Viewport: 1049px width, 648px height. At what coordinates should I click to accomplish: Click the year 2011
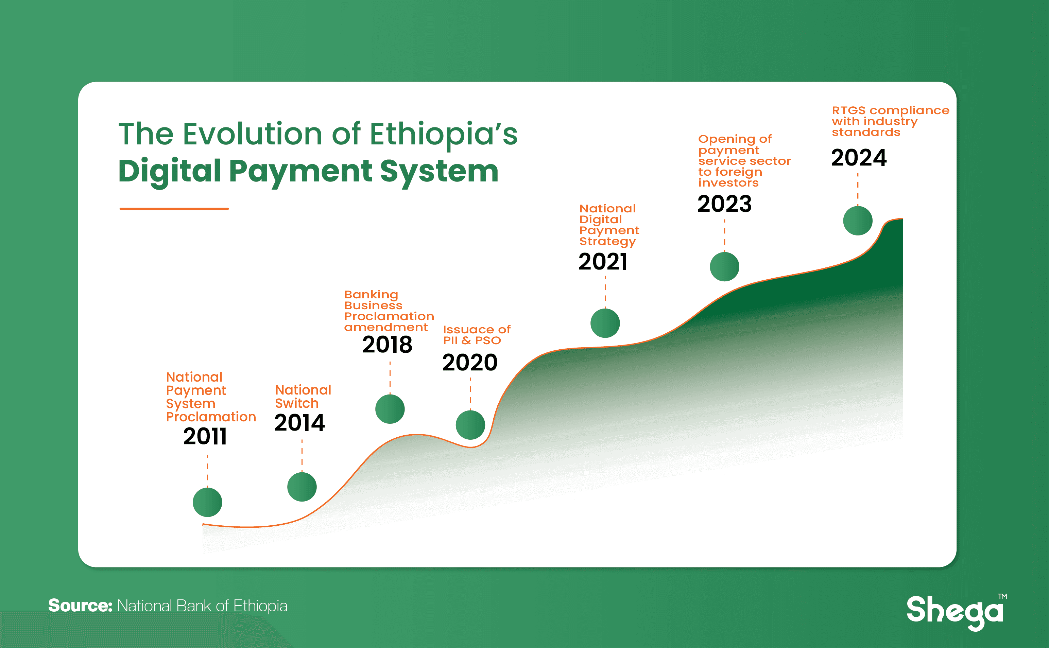[205, 437]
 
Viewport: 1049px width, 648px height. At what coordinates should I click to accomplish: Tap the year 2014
[300, 423]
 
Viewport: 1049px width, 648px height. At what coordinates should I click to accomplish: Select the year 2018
[387, 345]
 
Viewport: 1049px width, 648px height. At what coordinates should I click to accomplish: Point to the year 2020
[470, 363]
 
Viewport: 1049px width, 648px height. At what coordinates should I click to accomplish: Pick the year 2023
[724, 204]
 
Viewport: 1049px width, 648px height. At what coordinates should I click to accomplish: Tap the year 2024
[859, 158]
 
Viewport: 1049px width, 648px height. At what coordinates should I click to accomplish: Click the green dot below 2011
[207, 502]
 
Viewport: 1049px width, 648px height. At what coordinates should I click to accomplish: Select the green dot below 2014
[302, 487]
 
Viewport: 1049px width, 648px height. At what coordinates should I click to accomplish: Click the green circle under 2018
[390, 409]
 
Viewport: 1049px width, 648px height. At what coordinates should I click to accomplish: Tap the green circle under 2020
[470, 425]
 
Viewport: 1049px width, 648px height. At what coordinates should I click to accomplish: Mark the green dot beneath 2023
[724, 266]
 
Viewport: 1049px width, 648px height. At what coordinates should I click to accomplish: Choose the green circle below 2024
[858, 221]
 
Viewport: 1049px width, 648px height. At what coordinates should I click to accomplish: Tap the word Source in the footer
[80, 606]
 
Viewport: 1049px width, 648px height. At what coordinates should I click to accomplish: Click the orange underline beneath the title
[174, 209]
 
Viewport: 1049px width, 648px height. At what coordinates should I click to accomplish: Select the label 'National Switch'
[303, 397]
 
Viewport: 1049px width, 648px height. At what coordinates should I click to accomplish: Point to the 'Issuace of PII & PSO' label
[477, 335]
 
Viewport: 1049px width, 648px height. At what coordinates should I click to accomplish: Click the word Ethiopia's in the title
[444, 134]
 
